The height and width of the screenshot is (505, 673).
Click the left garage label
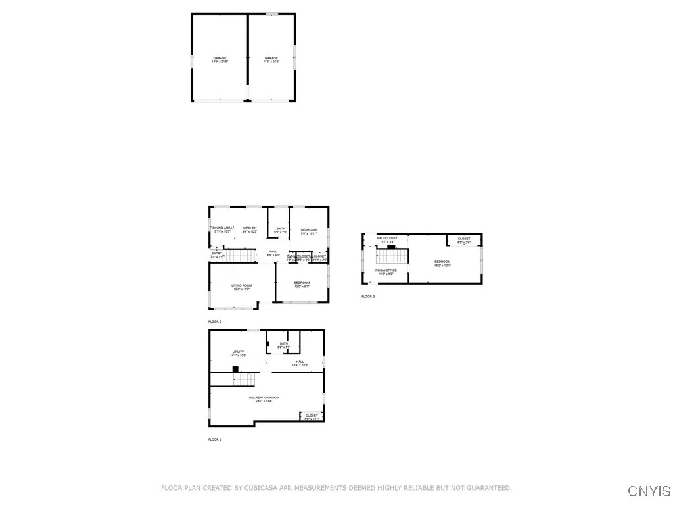(220, 60)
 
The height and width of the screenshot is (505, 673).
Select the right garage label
(272, 60)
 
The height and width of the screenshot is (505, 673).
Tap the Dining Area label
(223, 229)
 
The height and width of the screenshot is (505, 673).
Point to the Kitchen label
(250, 229)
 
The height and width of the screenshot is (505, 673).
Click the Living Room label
(242, 287)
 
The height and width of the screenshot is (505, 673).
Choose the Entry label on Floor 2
(216, 255)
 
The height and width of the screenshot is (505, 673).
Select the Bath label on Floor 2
(281, 230)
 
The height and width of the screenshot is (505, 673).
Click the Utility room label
(238, 354)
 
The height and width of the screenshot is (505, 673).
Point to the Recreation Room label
(264, 399)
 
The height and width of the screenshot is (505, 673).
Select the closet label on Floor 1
(312, 417)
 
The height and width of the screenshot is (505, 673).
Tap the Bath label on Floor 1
(283, 345)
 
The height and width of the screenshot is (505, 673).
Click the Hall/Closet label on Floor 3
(387, 240)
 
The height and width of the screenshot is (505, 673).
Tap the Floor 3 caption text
(368, 297)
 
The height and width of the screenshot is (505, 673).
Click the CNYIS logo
(649, 491)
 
